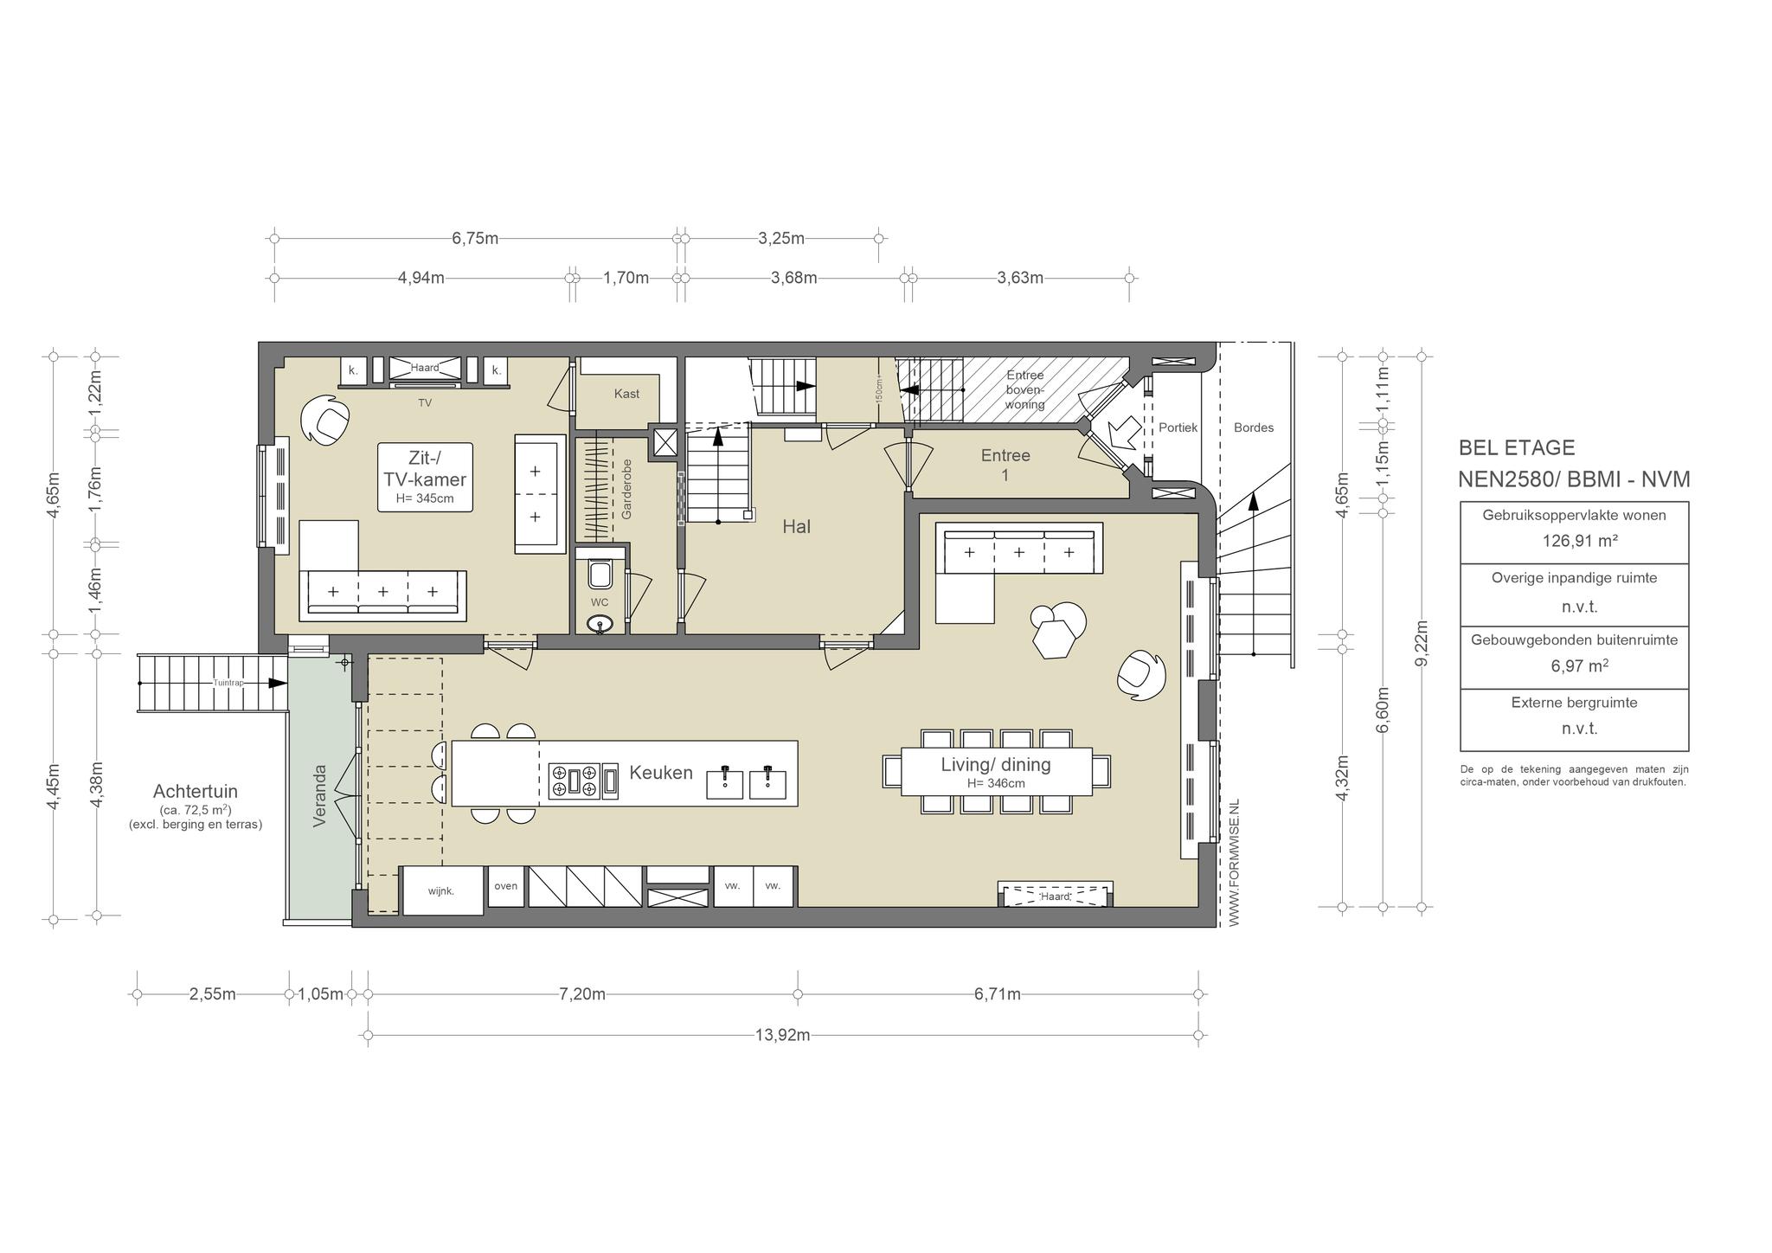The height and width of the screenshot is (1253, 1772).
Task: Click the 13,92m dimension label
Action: coord(782,1035)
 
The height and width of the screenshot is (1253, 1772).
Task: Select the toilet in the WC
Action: coord(599,572)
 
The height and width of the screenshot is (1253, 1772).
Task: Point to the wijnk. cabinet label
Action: coord(441,890)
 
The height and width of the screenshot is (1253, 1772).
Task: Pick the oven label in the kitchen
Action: coord(506,885)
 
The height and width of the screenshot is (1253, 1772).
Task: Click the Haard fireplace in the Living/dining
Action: coord(1056,895)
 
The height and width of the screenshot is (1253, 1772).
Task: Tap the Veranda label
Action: coord(320,795)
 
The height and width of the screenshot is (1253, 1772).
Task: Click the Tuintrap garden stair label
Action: coord(229,683)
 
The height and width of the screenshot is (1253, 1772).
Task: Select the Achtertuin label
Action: coord(196,791)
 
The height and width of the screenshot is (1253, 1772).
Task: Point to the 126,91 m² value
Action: coord(1574,542)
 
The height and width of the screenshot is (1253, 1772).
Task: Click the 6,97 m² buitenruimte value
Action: coord(1574,665)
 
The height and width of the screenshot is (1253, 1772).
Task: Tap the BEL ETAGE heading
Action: coord(1517,447)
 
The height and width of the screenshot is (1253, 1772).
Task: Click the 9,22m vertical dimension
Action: coord(1421,643)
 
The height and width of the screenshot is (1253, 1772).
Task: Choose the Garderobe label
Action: coord(626,489)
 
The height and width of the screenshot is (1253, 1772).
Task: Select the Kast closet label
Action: coord(626,394)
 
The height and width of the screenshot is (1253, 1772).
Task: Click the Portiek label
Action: coord(1178,427)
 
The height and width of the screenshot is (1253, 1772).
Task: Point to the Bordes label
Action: coord(1254,427)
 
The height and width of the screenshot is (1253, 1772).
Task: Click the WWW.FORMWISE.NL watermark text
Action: coord(1234,863)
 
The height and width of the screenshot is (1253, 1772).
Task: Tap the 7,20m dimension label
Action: coord(582,994)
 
